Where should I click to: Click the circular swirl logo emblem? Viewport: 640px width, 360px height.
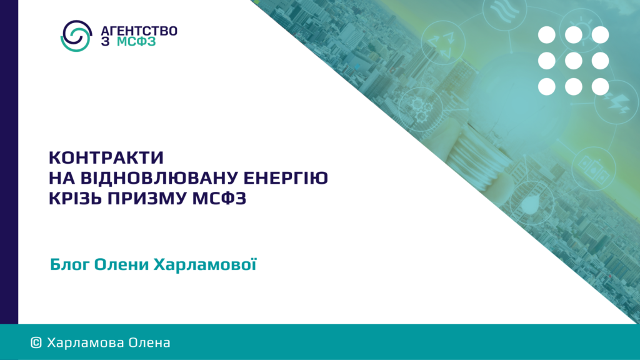coord(76,36)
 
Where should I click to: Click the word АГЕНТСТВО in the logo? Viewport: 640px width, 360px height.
coord(139,31)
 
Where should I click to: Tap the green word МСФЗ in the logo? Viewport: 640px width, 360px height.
coord(136,42)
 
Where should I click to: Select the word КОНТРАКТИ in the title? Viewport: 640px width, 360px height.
coord(106,157)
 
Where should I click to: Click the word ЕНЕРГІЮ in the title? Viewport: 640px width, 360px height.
coord(286,178)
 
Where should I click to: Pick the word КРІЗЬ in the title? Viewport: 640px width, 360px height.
coord(75,198)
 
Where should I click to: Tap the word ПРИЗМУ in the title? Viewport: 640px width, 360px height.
coord(147,198)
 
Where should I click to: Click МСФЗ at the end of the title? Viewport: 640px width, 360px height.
coord(219,198)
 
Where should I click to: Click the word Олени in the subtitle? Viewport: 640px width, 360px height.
coord(121,264)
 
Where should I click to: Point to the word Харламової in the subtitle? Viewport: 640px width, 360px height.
coord(205,264)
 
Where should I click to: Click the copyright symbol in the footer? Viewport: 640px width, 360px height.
coord(36,342)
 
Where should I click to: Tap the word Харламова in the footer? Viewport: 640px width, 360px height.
coord(85,342)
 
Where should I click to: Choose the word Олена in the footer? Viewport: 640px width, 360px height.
coord(149,342)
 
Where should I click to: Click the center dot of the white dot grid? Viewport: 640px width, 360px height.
coord(574,61)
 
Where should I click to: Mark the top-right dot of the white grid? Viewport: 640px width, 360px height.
coord(601,35)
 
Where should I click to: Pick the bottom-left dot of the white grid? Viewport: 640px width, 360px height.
coord(546,86)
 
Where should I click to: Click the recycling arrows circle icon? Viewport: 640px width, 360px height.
coord(443,42)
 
